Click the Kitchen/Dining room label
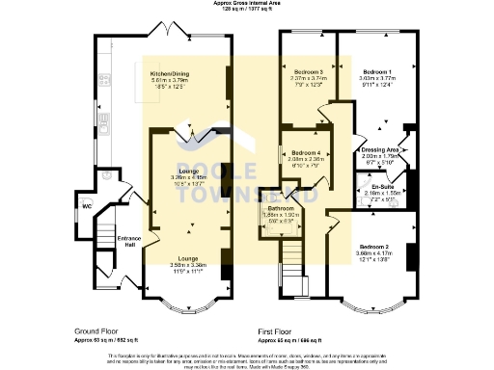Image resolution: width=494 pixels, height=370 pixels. point(170,73)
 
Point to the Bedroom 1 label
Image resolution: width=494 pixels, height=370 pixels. point(376,72)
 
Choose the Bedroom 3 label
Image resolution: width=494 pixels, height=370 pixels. point(309,72)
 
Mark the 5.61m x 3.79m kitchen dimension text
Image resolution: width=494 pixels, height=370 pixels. point(170,81)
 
